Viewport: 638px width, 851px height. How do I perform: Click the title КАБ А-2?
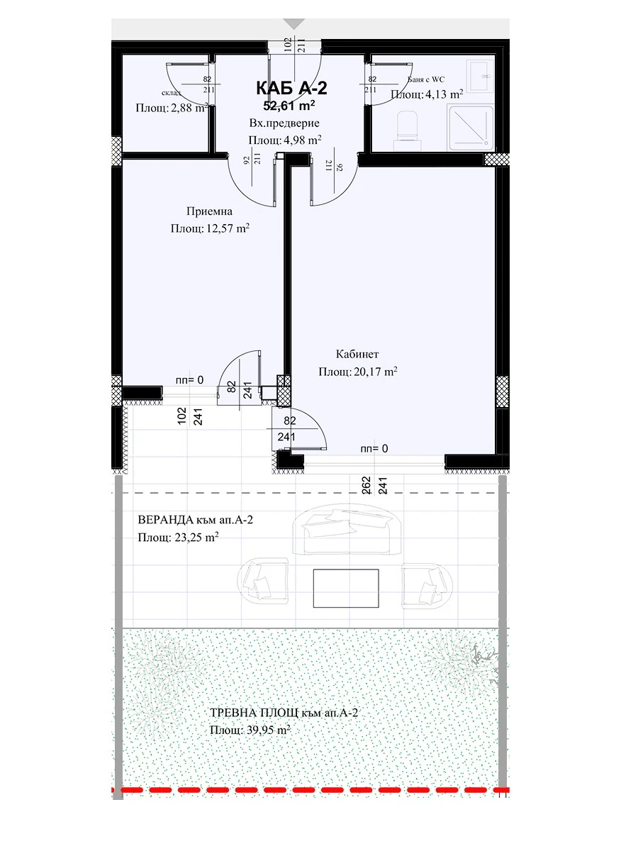point(291,89)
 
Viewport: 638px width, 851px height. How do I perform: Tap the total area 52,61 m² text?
point(289,105)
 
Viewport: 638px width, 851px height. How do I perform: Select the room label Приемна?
point(209,211)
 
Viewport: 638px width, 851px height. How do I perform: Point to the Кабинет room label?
point(357,354)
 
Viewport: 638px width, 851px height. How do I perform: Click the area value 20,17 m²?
point(374,372)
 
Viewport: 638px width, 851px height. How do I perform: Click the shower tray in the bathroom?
point(471,128)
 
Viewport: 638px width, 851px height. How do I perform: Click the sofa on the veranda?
point(347,530)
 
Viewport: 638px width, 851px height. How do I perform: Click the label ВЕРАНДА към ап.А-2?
point(195,520)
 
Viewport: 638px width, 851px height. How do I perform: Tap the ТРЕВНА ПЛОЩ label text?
point(254,713)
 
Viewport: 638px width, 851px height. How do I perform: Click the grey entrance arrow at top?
point(294,24)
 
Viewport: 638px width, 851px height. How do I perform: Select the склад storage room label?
point(172,93)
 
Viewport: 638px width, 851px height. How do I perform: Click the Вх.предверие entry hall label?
point(284,123)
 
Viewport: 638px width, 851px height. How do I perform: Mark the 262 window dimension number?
point(366,485)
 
